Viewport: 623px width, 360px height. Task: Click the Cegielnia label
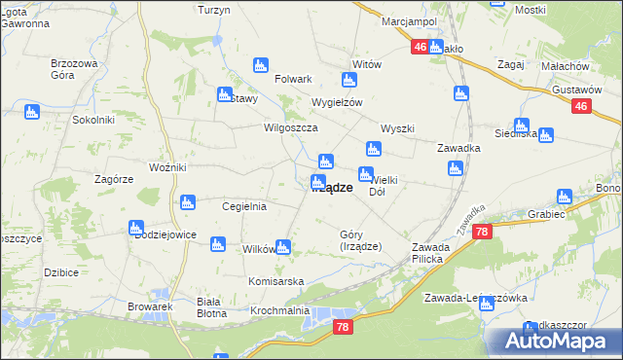pyautogui.click(x=244, y=206)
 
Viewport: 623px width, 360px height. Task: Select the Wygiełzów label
pyautogui.click(x=336, y=102)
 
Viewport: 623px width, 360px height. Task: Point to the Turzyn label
pyautogui.click(x=213, y=9)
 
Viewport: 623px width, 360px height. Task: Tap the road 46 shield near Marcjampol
pyautogui.click(x=420, y=47)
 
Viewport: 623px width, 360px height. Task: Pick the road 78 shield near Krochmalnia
pyautogui.click(x=341, y=328)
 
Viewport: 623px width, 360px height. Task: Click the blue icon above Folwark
pyautogui.click(x=260, y=65)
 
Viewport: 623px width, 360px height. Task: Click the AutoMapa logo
pyautogui.click(x=556, y=342)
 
